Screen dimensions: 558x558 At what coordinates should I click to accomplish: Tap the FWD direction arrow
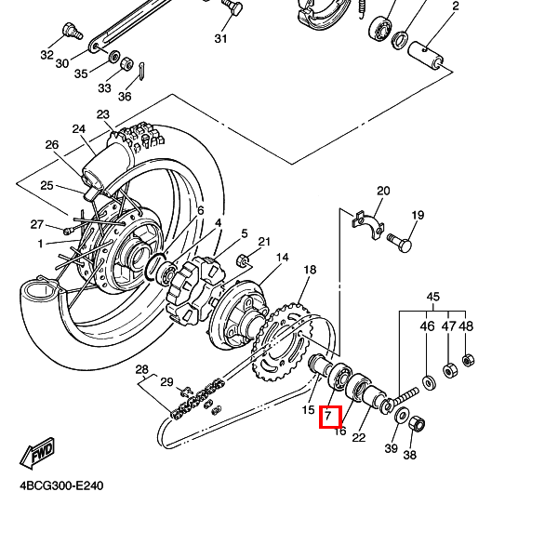pyautogui.click(x=36, y=454)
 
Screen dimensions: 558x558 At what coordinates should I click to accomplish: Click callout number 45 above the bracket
pyautogui.click(x=432, y=298)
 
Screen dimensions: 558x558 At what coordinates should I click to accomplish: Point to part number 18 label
pyautogui.click(x=310, y=270)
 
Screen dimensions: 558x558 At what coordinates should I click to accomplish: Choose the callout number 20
pyautogui.click(x=382, y=192)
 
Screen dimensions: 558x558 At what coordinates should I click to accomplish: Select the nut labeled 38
pyautogui.click(x=418, y=424)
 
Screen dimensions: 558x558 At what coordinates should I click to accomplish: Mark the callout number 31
pyautogui.click(x=220, y=38)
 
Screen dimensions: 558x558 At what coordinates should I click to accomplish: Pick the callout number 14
pyautogui.click(x=282, y=258)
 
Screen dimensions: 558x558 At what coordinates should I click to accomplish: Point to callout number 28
pyautogui.click(x=141, y=369)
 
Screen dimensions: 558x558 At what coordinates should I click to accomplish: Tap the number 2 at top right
pyautogui.click(x=456, y=7)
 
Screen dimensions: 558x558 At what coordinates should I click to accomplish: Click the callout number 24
pyautogui.click(x=78, y=129)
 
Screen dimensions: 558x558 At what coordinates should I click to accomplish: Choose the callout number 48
pyautogui.click(x=466, y=326)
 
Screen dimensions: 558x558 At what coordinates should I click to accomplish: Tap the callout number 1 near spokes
pyautogui.click(x=41, y=244)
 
